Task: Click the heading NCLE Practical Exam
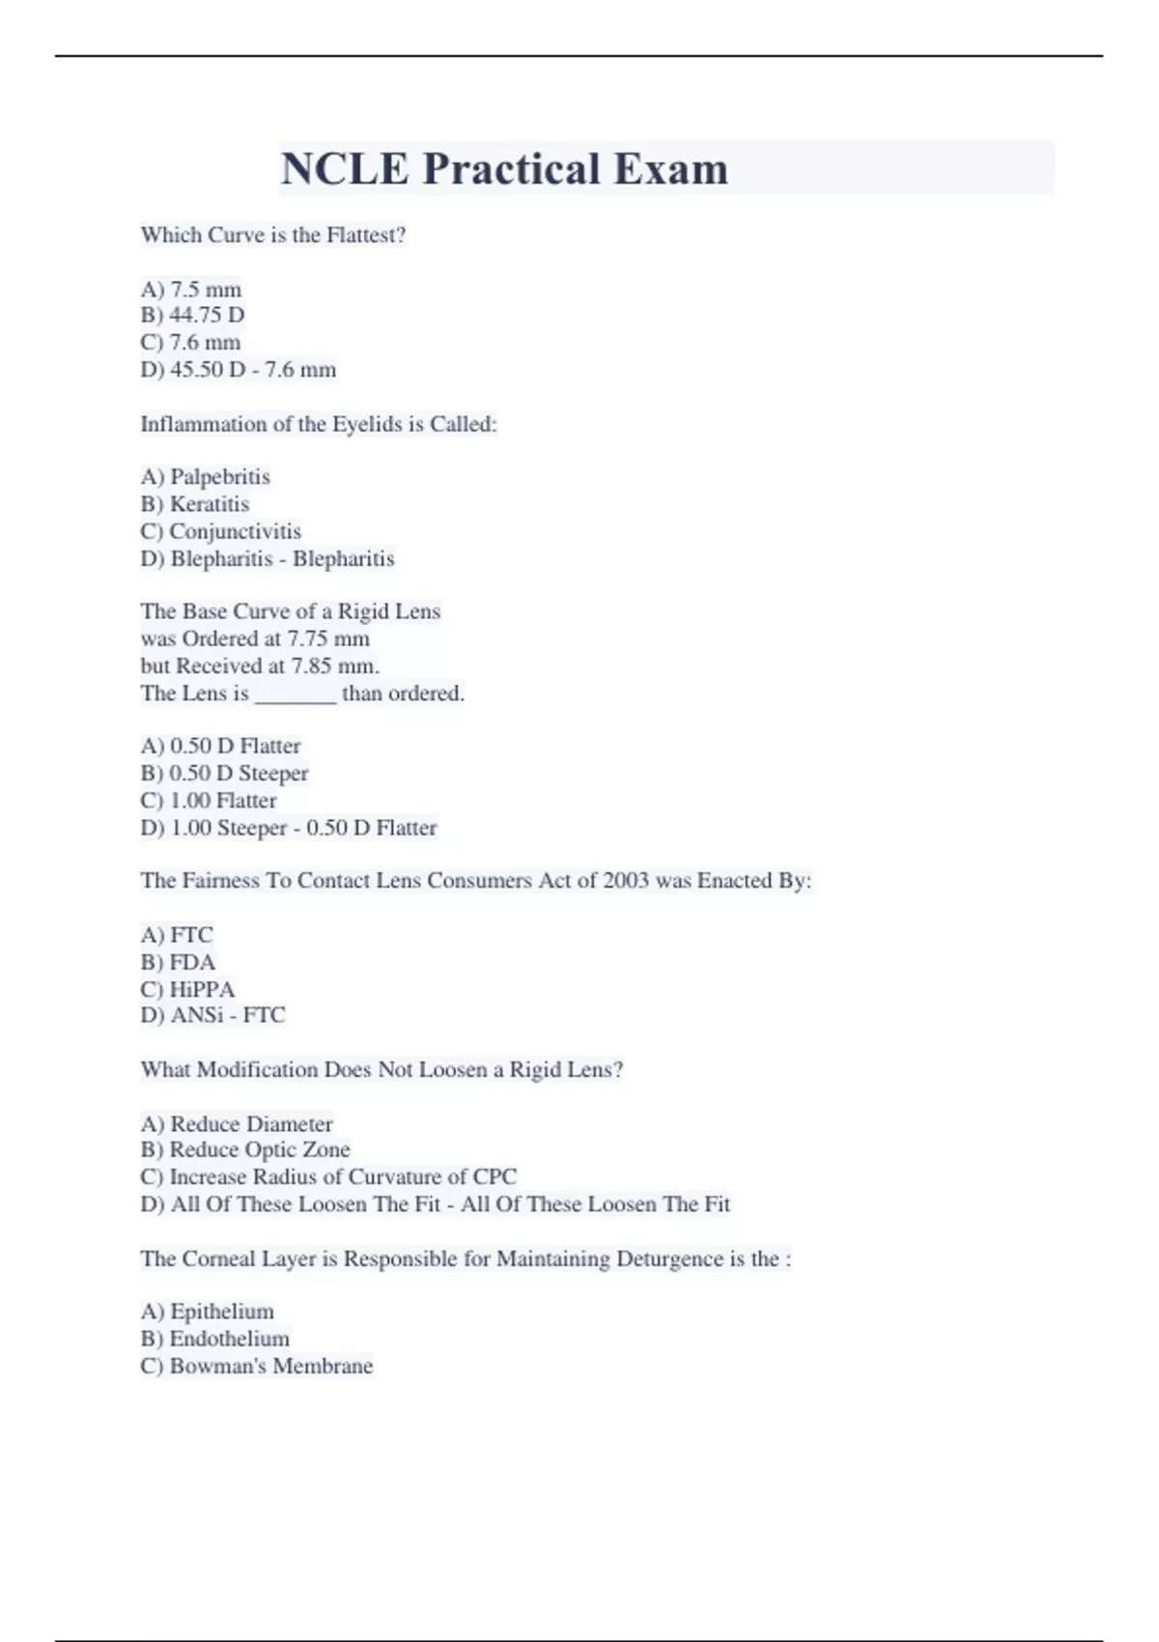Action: pyautogui.click(x=504, y=169)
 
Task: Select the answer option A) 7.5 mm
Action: pyautogui.click(x=191, y=289)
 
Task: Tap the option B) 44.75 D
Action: pyautogui.click(x=192, y=315)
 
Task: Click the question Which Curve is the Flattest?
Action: pyautogui.click(x=273, y=235)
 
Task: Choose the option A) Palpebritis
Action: pyautogui.click(x=205, y=476)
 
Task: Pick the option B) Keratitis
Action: pyautogui.click(x=194, y=503)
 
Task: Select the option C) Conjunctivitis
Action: pyautogui.click(x=220, y=531)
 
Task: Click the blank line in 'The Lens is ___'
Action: pyautogui.click(x=295, y=694)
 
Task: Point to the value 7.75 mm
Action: pyautogui.click(x=328, y=638)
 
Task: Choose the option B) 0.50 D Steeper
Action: pyautogui.click(x=224, y=773)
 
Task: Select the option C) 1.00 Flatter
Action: pyautogui.click(x=209, y=800)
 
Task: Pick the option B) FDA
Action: pyautogui.click(x=178, y=962)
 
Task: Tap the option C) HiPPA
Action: pyautogui.click(x=187, y=989)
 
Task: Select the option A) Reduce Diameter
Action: pyautogui.click(x=237, y=1123)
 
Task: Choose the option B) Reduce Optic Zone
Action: pyautogui.click(x=245, y=1149)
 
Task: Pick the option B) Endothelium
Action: pyautogui.click(x=214, y=1338)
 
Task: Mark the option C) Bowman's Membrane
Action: pyautogui.click(x=256, y=1366)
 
